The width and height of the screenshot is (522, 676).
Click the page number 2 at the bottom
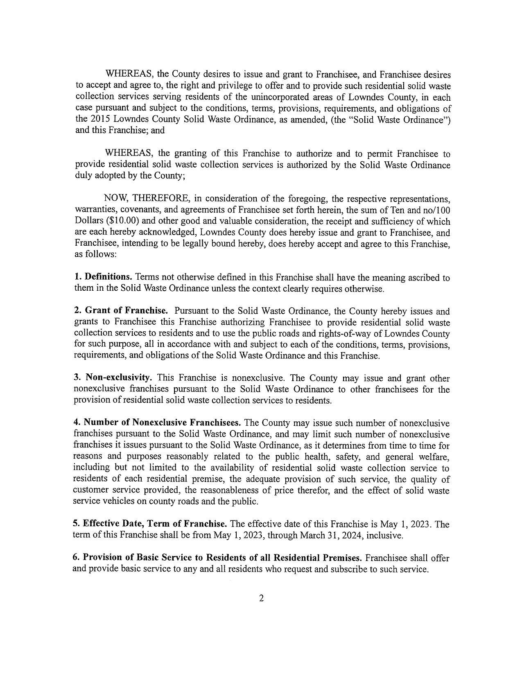[261, 599]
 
